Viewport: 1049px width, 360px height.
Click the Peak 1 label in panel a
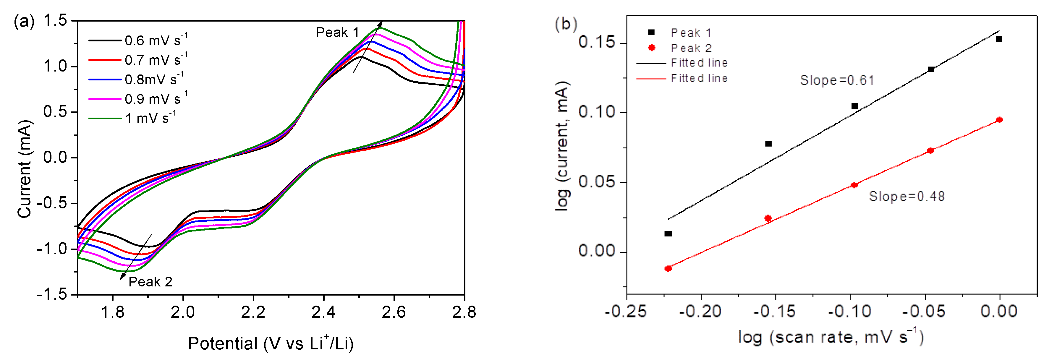pyautogui.click(x=337, y=33)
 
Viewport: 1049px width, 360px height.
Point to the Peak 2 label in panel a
pyautogui.click(x=150, y=282)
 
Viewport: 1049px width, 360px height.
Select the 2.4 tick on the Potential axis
pyautogui.click(x=323, y=312)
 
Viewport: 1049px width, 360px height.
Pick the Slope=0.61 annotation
pyautogui.click(x=837, y=80)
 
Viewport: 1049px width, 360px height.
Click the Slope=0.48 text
pyautogui.click(x=906, y=197)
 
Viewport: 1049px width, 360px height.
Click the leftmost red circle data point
pyautogui.click(x=668, y=268)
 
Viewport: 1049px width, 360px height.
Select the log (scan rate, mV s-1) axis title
pyautogui.click(x=831, y=337)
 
